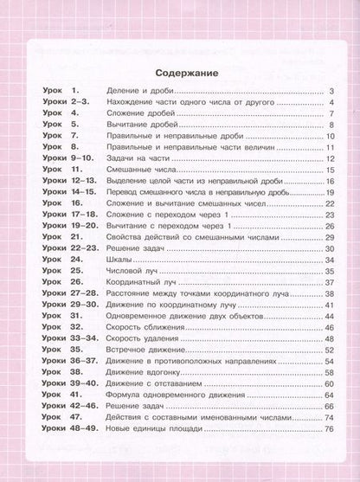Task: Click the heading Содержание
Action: tap(180, 72)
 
